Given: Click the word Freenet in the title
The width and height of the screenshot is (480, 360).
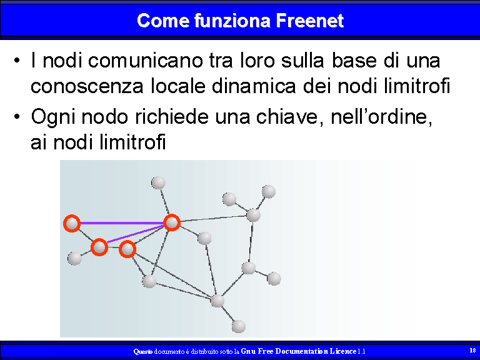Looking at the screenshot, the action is pos(310,21).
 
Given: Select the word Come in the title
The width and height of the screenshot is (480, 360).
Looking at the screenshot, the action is pos(163,21).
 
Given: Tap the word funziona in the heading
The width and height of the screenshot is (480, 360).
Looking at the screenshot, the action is pos(232,21).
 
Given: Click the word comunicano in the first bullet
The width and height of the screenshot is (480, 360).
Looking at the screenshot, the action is pos(145,60).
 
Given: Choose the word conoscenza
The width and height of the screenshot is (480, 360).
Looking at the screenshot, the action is pos(87,87).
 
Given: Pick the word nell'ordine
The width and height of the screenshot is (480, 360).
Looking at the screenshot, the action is pos(381,117).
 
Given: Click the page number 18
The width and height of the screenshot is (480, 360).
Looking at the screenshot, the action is pos(472,350).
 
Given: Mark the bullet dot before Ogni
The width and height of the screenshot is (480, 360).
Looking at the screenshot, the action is pos(17,117).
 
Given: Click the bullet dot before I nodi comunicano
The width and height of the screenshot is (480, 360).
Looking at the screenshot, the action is pos(17,60).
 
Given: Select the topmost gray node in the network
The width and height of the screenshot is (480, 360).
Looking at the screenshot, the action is pos(158,182).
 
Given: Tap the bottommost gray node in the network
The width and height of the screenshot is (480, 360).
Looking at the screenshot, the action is pos(239,326).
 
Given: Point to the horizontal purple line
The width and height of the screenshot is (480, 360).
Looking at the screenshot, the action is pos(122,223).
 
